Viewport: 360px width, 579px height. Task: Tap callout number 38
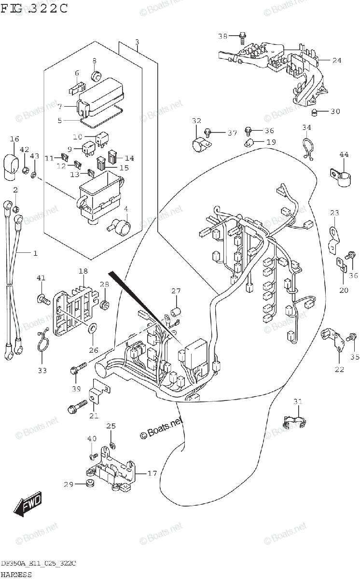222,36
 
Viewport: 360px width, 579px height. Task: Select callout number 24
336,60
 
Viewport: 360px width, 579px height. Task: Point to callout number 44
344,154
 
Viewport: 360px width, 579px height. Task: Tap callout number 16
14,139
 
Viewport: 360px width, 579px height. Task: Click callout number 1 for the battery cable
35,253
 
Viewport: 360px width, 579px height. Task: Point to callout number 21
94,416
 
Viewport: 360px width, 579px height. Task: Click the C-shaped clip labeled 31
294,422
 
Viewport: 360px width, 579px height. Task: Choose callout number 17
152,473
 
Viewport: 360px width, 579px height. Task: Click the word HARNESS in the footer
16,574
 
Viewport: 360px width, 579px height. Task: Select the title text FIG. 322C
35,8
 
